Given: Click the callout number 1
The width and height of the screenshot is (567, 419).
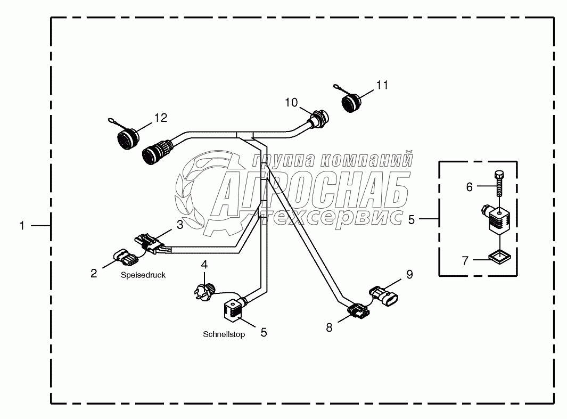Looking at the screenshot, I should point(22,226).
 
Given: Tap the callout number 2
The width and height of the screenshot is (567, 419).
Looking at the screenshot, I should point(94,274).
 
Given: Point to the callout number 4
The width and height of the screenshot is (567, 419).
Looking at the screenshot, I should point(204,264).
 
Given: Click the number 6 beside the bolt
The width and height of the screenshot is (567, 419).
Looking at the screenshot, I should point(469,187).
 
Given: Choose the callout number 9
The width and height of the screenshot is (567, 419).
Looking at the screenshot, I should point(409,275).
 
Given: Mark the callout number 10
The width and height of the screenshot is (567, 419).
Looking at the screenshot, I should point(291,102).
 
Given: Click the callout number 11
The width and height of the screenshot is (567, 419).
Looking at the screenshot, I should point(382,85).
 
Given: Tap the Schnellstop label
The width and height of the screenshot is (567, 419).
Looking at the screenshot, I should point(224,335).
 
